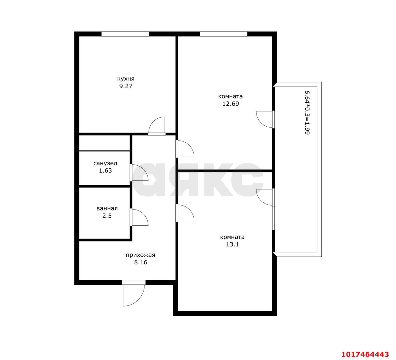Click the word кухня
126,79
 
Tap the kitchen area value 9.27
126,86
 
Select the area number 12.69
230,104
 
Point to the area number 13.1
232,245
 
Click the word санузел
105,163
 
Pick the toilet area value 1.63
105,171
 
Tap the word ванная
107,208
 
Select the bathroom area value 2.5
107,215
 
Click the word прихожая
140,255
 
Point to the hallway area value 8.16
140,262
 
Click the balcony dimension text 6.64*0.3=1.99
307,113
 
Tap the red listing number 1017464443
365,354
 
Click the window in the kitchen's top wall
125,34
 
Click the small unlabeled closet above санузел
105,143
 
